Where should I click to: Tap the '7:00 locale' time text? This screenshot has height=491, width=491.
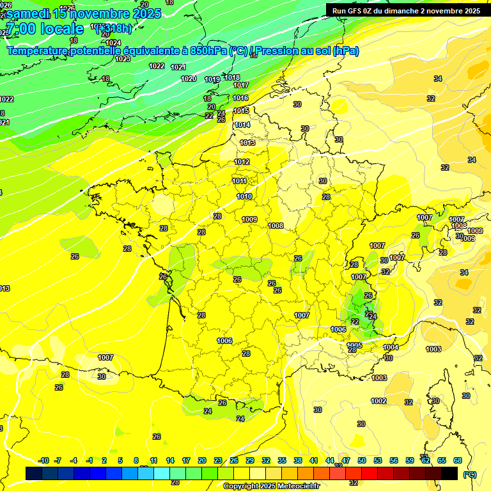[x=44, y=29]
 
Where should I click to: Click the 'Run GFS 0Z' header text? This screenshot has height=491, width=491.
[x=358, y=10]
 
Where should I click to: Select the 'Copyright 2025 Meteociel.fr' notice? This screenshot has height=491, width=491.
[x=270, y=486]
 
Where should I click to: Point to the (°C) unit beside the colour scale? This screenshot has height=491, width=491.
[x=470, y=474]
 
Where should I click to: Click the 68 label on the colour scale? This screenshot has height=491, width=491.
[x=458, y=460]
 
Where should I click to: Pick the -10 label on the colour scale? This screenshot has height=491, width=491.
[x=43, y=460]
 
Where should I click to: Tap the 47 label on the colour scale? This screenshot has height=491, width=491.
[x=346, y=460]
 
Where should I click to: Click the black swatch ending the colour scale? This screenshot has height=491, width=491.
[x=449, y=473]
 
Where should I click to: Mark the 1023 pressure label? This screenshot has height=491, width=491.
[x=123, y=59]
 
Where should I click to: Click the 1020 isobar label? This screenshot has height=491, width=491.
[x=189, y=79]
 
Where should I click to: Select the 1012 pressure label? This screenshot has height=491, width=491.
[x=242, y=162]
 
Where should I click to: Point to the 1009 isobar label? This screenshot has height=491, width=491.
[x=250, y=219]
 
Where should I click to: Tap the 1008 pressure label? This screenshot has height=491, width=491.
[x=276, y=226]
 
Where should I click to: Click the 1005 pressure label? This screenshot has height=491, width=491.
[x=355, y=345]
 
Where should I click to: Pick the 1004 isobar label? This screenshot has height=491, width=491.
[x=391, y=347]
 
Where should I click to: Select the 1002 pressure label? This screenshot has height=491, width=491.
[x=378, y=401]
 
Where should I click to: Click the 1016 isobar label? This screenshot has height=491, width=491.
[x=240, y=98]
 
